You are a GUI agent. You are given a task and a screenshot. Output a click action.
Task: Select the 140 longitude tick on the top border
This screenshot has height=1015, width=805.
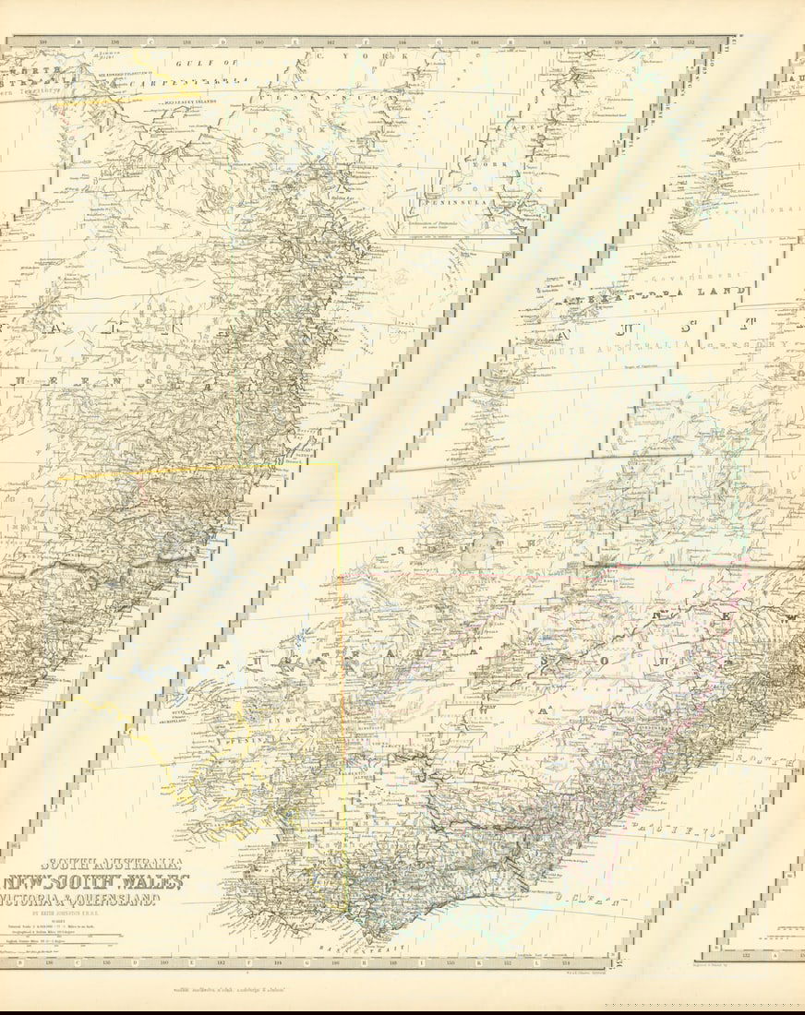pyautogui.click(x=258, y=42)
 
